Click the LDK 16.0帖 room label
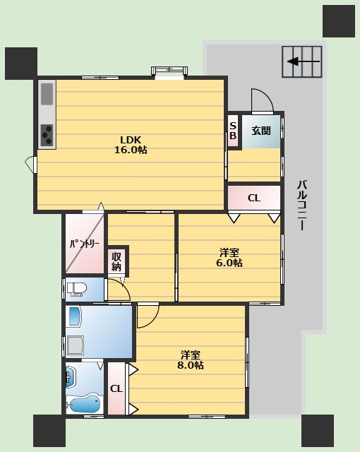click(131, 145)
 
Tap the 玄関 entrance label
click(261, 131)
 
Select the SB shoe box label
click(233, 131)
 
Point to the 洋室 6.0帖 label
click(229, 258)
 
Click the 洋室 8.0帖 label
click(191, 360)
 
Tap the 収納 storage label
click(116, 261)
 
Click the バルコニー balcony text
click(302, 206)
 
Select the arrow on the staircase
click(304, 61)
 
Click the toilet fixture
click(77, 289)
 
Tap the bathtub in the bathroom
click(85, 403)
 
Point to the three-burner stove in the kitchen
click(47, 135)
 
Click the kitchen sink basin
click(47, 94)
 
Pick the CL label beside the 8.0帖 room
click(116, 389)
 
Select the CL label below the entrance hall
click(254, 198)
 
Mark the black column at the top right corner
click(339, 21)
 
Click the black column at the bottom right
click(318, 431)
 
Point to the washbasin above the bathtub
click(70, 377)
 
